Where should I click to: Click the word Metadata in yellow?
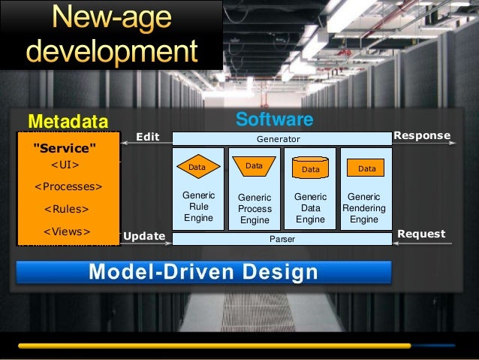(x=68, y=122)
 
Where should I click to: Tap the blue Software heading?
(x=274, y=119)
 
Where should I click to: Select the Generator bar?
(x=279, y=139)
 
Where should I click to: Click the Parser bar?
(x=282, y=238)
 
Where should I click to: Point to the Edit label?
(x=148, y=137)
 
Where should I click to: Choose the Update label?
(x=143, y=236)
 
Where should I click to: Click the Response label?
(x=422, y=136)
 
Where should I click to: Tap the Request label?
(x=421, y=234)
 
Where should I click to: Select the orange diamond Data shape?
(x=197, y=167)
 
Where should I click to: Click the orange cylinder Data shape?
(x=310, y=169)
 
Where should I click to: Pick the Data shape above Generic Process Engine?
(x=254, y=165)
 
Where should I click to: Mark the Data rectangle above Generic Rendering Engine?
(x=366, y=168)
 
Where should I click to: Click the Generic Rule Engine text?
(x=198, y=206)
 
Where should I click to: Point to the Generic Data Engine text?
(x=310, y=208)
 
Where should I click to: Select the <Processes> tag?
(x=69, y=186)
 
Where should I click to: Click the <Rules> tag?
(x=67, y=209)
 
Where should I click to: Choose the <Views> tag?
(x=67, y=231)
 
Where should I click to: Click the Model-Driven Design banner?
(x=203, y=272)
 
